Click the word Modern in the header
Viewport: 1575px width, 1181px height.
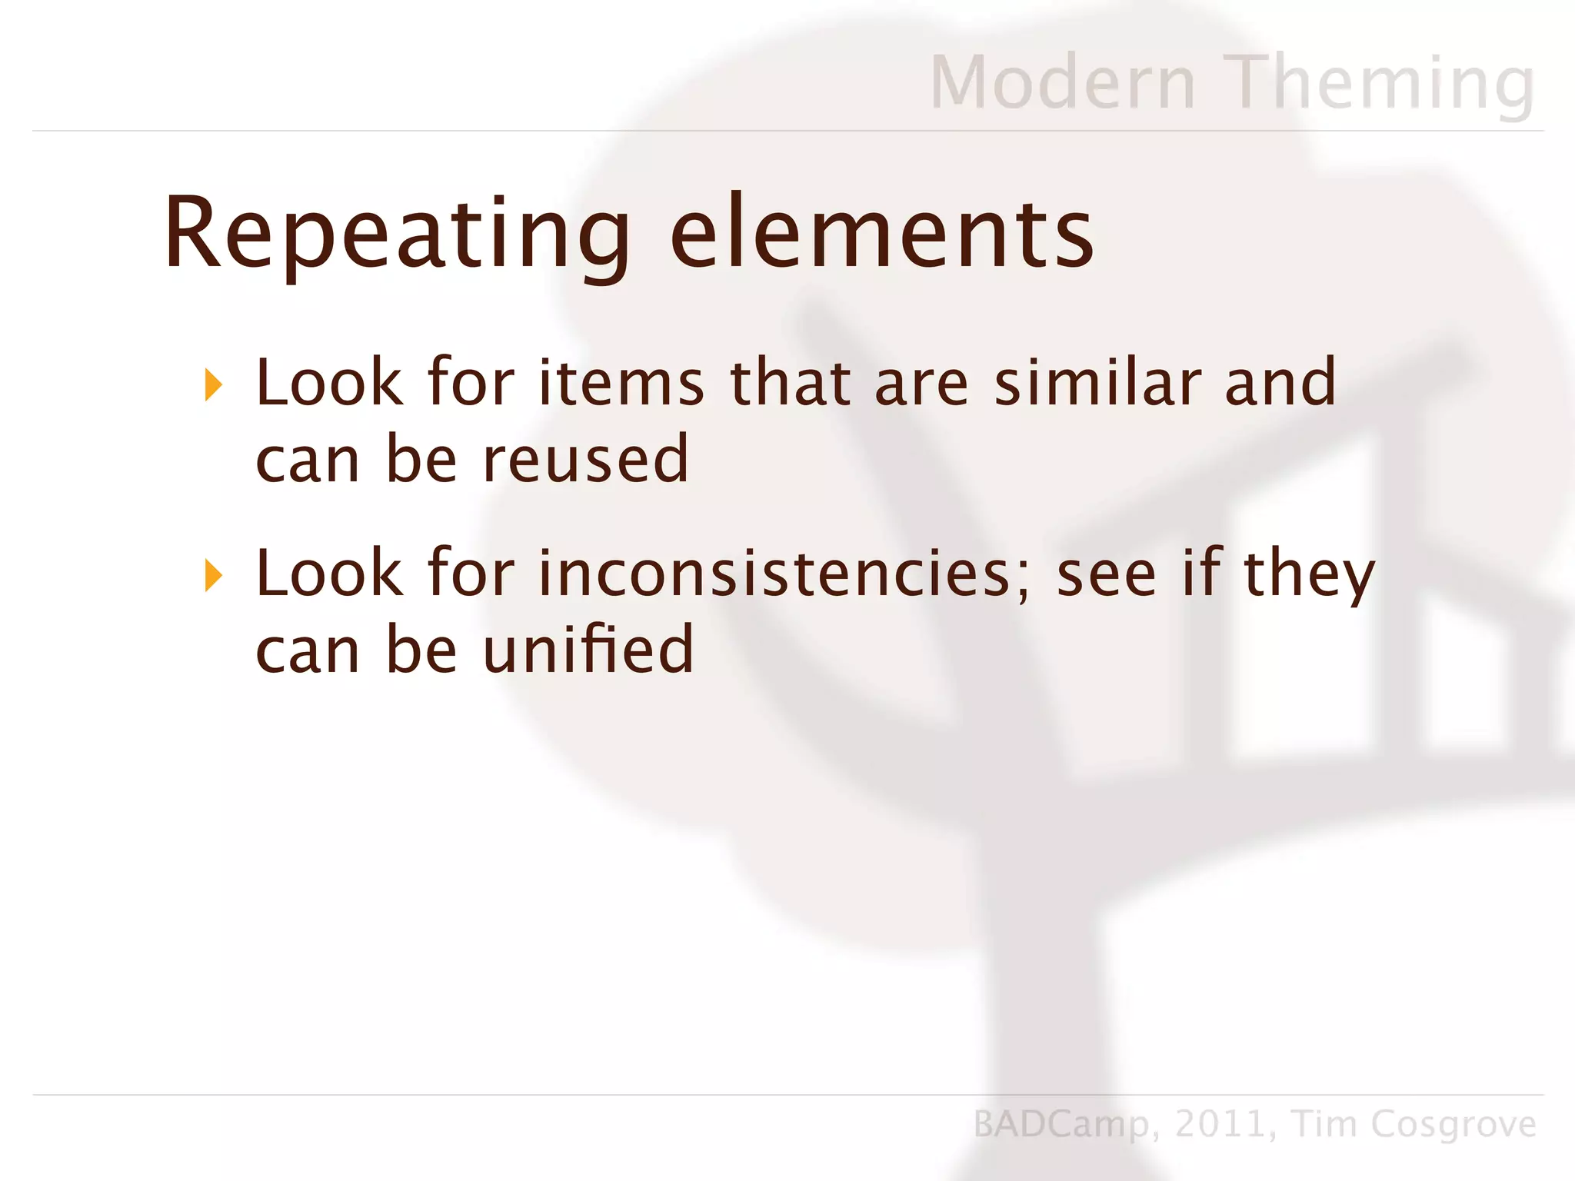coord(1063,82)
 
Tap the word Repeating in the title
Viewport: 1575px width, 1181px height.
coord(397,234)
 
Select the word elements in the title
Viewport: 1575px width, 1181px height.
coord(881,234)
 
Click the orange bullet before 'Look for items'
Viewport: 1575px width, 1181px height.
coord(214,385)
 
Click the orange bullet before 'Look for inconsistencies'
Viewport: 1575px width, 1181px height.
coord(214,576)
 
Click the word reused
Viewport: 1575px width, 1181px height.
coord(586,459)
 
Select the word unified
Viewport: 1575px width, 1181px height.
coord(588,650)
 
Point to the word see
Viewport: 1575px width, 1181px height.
coord(1106,575)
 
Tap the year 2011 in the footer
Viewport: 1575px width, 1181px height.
coord(1220,1124)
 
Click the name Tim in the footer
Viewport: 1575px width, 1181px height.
coord(1325,1124)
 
